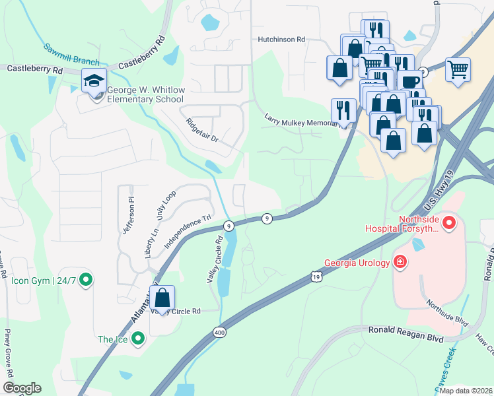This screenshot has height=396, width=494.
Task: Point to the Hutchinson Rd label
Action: (x=281, y=40)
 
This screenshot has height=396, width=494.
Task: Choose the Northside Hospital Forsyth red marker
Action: (x=449, y=223)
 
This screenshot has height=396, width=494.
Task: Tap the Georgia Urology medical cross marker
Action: (x=399, y=262)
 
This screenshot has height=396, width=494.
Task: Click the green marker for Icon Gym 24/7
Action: (x=85, y=280)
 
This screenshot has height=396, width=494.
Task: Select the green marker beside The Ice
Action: (x=137, y=339)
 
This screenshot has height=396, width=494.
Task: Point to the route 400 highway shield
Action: (x=219, y=333)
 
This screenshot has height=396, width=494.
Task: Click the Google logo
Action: (x=21, y=388)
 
